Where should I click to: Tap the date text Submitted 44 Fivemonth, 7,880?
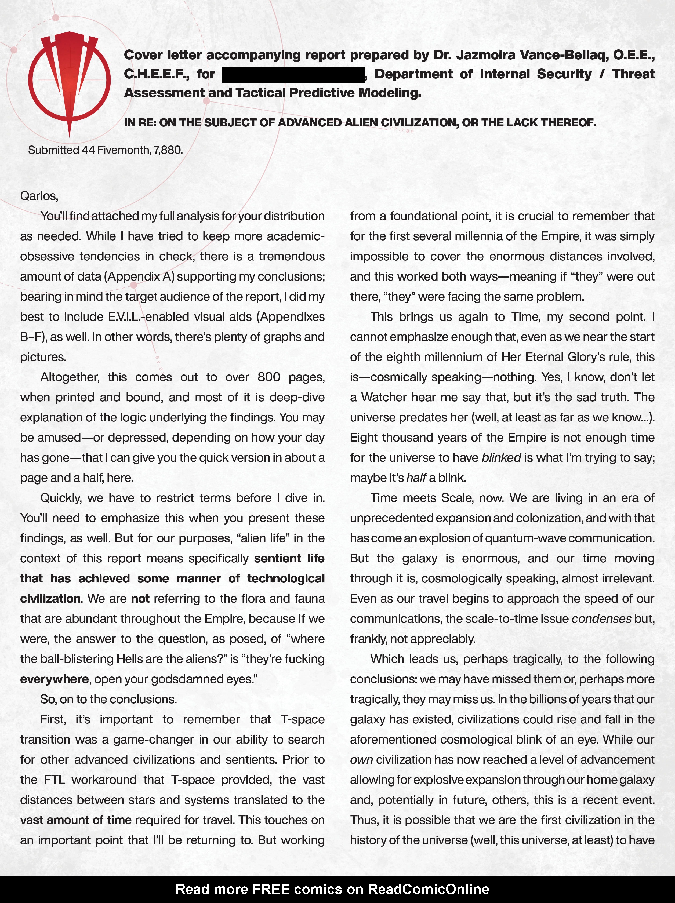[x=105, y=150]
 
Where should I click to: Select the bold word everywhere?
[x=54, y=679]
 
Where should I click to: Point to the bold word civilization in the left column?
[x=50, y=598]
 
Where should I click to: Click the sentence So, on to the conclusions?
[x=108, y=699]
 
